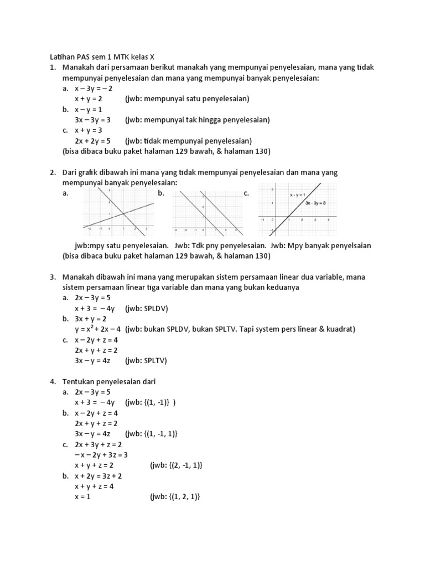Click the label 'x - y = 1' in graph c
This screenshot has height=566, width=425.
pos(297,195)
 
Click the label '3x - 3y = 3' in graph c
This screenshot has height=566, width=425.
pos(315,203)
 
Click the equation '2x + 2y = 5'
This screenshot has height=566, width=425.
pos(93,140)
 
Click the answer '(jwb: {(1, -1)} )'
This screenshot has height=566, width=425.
pos(150,402)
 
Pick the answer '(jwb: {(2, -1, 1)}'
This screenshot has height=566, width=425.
pos(177,465)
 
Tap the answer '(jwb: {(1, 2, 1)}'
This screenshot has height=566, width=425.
pos(174,497)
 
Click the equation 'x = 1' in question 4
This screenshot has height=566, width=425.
pos(82,497)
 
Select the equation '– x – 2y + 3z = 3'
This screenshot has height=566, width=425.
pos(101,455)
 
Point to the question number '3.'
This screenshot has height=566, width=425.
pos(53,276)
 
